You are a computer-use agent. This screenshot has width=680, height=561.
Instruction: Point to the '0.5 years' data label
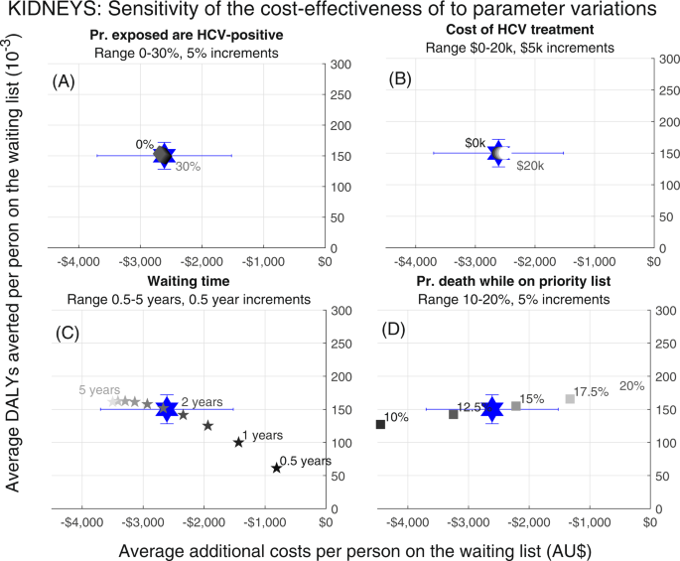[305, 461]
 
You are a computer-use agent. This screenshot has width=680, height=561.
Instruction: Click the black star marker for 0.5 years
[276, 467]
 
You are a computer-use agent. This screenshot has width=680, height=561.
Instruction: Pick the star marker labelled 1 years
[238, 442]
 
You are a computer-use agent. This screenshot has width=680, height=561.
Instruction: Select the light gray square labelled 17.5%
[570, 399]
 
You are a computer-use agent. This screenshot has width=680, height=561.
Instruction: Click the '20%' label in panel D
[632, 386]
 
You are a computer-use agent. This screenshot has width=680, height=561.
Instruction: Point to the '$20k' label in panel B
[530, 166]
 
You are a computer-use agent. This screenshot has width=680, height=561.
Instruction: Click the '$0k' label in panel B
[475, 142]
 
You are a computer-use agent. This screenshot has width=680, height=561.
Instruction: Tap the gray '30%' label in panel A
[188, 168]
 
